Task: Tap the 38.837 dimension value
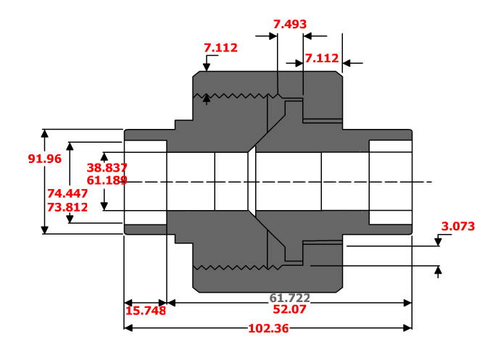[107, 167]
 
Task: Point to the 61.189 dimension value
[107, 179]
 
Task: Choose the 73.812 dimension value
[67, 206]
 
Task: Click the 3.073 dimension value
[457, 227]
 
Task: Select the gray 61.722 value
[290, 298]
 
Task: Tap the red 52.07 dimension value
[290, 309]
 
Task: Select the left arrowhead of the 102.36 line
[129, 327]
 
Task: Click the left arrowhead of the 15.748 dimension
[129, 302]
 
